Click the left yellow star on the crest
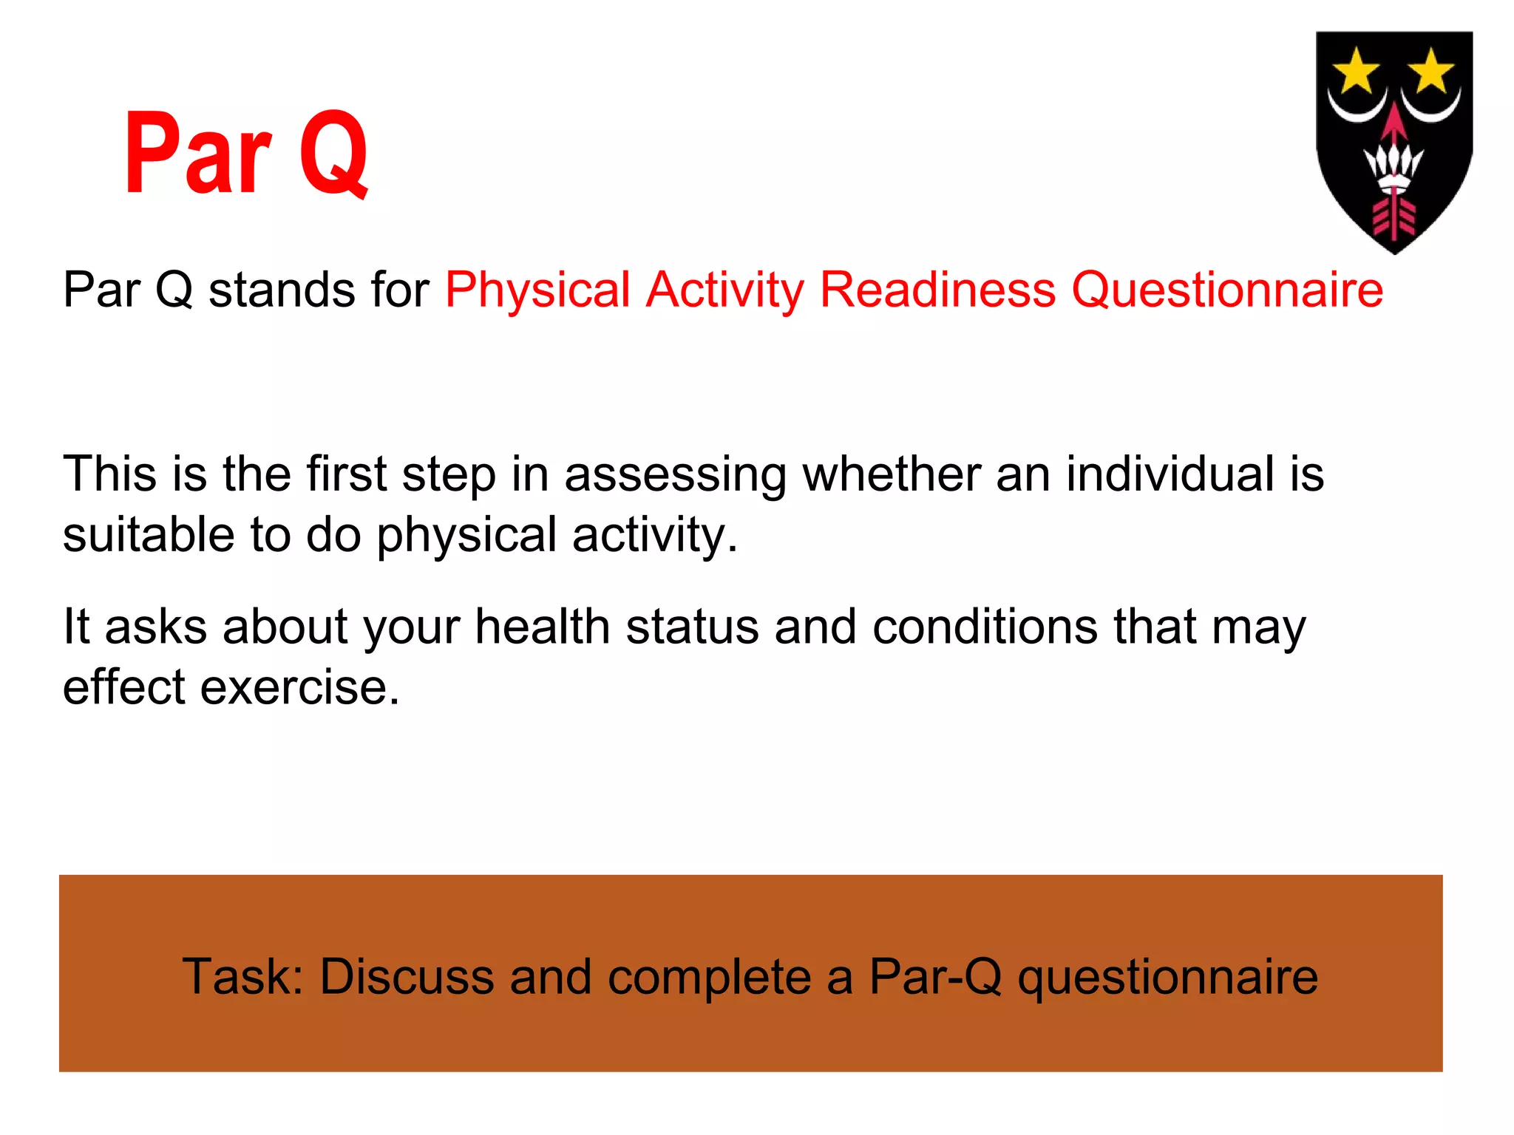[x=1356, y=72]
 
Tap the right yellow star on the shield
[x=1431, y=72]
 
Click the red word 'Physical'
[x=537, y=290]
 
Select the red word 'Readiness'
[x=937, y=290]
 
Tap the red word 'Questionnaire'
[x=1227, y=290]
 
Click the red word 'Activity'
[x=724, y=290]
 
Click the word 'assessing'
[x=675, y=474]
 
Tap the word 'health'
[x=542, y=627]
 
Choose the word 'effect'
[x=123, y=687]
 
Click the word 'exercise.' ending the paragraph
[x=300, y=687]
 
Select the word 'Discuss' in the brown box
[x=406, y=977]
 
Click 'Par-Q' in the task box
[x=935, y=977]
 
